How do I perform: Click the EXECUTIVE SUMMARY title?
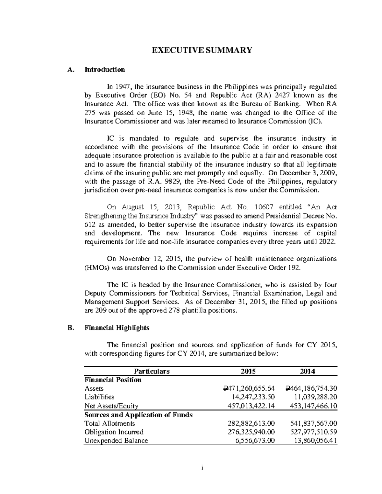pyautogui.click(x=201, y=50)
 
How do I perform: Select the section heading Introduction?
pyautogui.click(x=104, y=69)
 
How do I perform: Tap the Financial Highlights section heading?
pyautogui.click(x=117, y=328)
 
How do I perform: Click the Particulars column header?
pyautogui.click(x=152, y=371)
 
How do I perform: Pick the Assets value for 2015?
pyautogui.click(x=249, y=388)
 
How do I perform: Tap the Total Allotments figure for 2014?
pyautogui.click(x=314, y=423)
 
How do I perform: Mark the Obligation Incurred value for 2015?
pyautogui.click(x=251, y=432)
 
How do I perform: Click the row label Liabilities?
pyautogui.click(x=99, y=397)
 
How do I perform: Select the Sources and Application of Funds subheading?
pyautogui.click(x=138, y=415)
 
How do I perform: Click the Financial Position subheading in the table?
pyautogui.click(x=113, y=380)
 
